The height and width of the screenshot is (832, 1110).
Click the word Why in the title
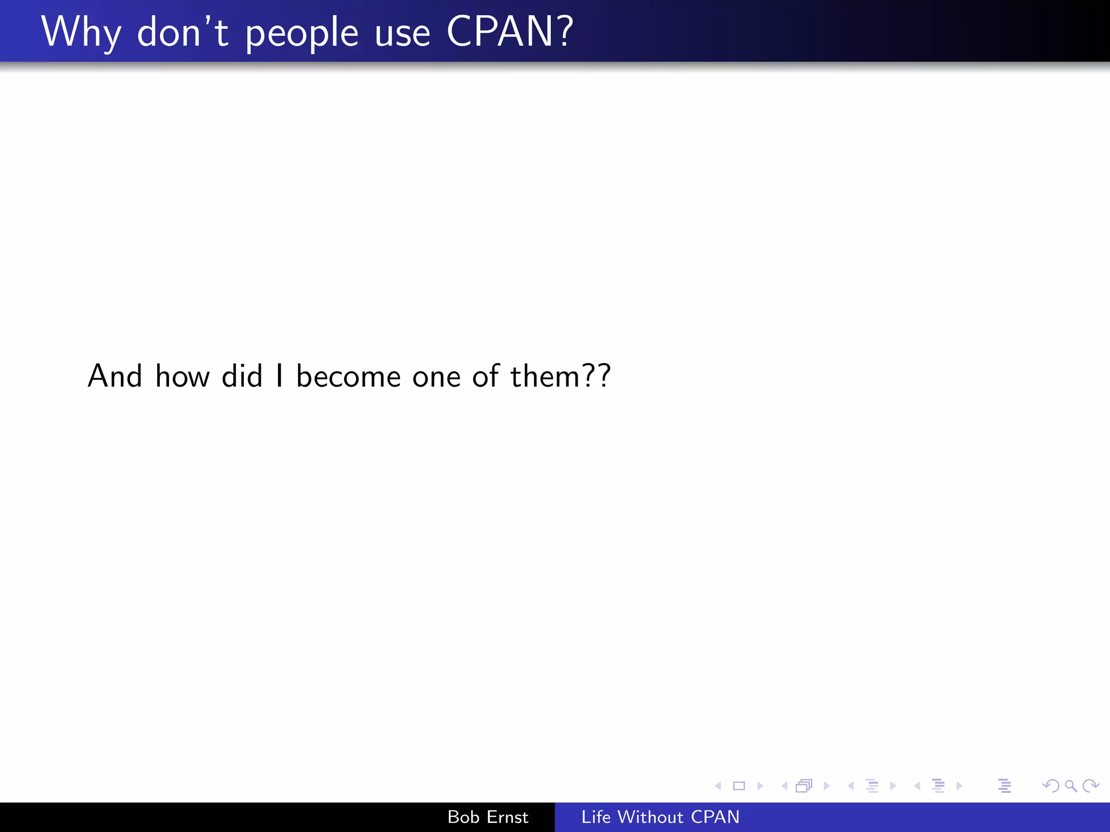pyautogui.click(x=81, y=32)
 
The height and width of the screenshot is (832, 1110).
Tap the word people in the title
pyautogui.click(x=302, y=34)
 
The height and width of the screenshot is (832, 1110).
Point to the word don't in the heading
pyautogui.click(x=183, y=32)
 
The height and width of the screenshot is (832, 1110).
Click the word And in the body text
pyautogui.click(x=115, y=376)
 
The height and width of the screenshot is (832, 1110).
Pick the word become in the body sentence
pyautogui.click(x=349, y=376)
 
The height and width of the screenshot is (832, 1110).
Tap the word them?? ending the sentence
pyautogui.click(x=560, y=376)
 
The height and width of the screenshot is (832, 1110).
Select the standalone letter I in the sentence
pyautogui.click(x=279, y=376)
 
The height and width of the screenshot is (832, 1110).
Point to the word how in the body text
pyautogui.click(x=182, y=376)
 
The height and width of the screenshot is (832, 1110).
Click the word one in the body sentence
pyautogui.click(x=436, y=377)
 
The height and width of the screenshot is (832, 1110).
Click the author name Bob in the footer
pyautogui.click(x=463, y=817)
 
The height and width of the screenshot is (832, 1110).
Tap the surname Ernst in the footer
pyautogui.click(x=507, y=817)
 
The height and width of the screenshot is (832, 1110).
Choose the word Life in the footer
pyautogui.click(x=596, y=817)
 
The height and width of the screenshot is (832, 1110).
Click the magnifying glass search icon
pyautogui.click(x=1070, y=785)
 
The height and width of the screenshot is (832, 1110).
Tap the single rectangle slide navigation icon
pyautogui.click(x=739, y=785)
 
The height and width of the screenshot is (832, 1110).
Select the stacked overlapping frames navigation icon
pyautogui.click(x=804, y=785)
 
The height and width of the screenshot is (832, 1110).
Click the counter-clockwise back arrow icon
pyautogui.click(x=1050, y=785)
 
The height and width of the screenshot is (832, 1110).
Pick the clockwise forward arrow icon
pyautogui.click(x=1090, y=785)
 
